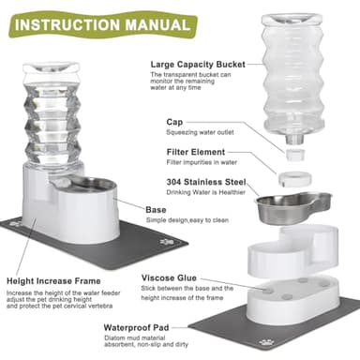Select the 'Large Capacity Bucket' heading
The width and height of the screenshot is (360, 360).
click(199, 66)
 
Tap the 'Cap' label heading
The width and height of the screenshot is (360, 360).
click(175, 121)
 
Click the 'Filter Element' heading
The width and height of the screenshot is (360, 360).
click(195, 151)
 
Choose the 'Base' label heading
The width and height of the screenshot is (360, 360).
click(155, 208)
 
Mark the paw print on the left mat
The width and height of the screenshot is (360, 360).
click(22, 228)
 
